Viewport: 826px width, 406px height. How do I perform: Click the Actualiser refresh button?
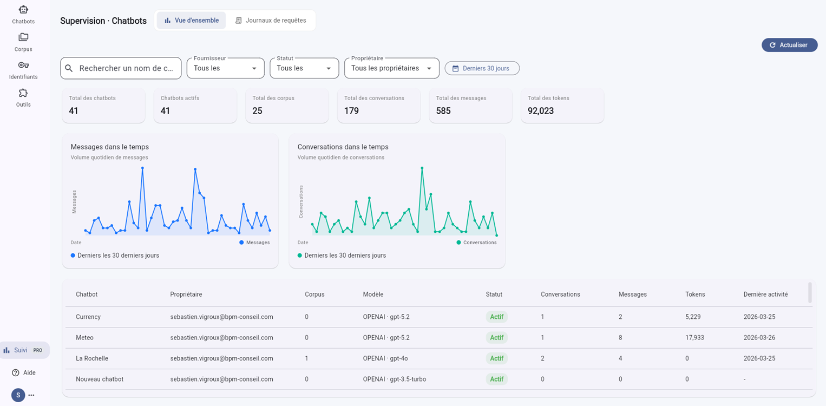790,45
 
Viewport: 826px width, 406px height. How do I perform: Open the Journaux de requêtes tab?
271,20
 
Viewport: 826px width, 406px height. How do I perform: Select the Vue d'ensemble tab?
192,20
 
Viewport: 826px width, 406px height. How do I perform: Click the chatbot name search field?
121,68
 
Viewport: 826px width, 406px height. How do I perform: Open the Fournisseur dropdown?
226,68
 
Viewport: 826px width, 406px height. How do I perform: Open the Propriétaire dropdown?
391,68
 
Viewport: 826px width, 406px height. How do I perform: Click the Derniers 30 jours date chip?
482,68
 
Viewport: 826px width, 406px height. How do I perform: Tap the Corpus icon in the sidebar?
23,37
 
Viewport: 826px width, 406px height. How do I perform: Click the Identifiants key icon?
23,66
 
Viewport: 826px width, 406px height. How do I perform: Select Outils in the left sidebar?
23,98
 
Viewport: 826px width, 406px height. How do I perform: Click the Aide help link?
24,372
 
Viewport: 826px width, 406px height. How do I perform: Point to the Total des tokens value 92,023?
541,110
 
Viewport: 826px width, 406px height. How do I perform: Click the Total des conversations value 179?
351,110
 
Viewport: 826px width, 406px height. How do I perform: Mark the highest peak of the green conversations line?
422,168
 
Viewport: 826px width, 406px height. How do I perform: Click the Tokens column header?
695,294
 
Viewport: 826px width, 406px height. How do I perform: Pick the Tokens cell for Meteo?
694,337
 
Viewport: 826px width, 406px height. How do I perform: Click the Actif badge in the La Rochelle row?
497,358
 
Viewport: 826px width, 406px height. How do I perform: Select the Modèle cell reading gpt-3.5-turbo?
395,379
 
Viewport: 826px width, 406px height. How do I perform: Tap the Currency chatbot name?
88,317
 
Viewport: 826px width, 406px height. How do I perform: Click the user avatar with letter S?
18,395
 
